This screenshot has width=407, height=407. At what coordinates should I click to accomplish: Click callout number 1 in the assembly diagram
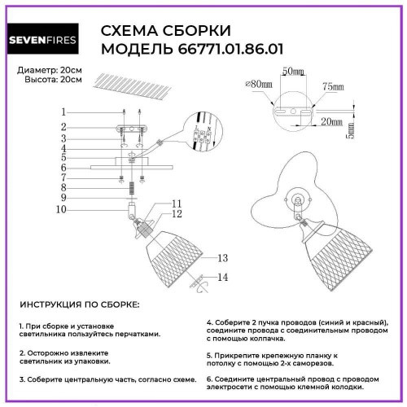(62, 112)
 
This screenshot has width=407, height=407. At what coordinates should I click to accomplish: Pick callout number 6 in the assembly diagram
(62, 168)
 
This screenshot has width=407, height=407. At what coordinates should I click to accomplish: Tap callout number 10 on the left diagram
(62, 209)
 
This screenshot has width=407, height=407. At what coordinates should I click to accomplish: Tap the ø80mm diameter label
(259, 84)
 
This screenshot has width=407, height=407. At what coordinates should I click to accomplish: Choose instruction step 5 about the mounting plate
(273, 361)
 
